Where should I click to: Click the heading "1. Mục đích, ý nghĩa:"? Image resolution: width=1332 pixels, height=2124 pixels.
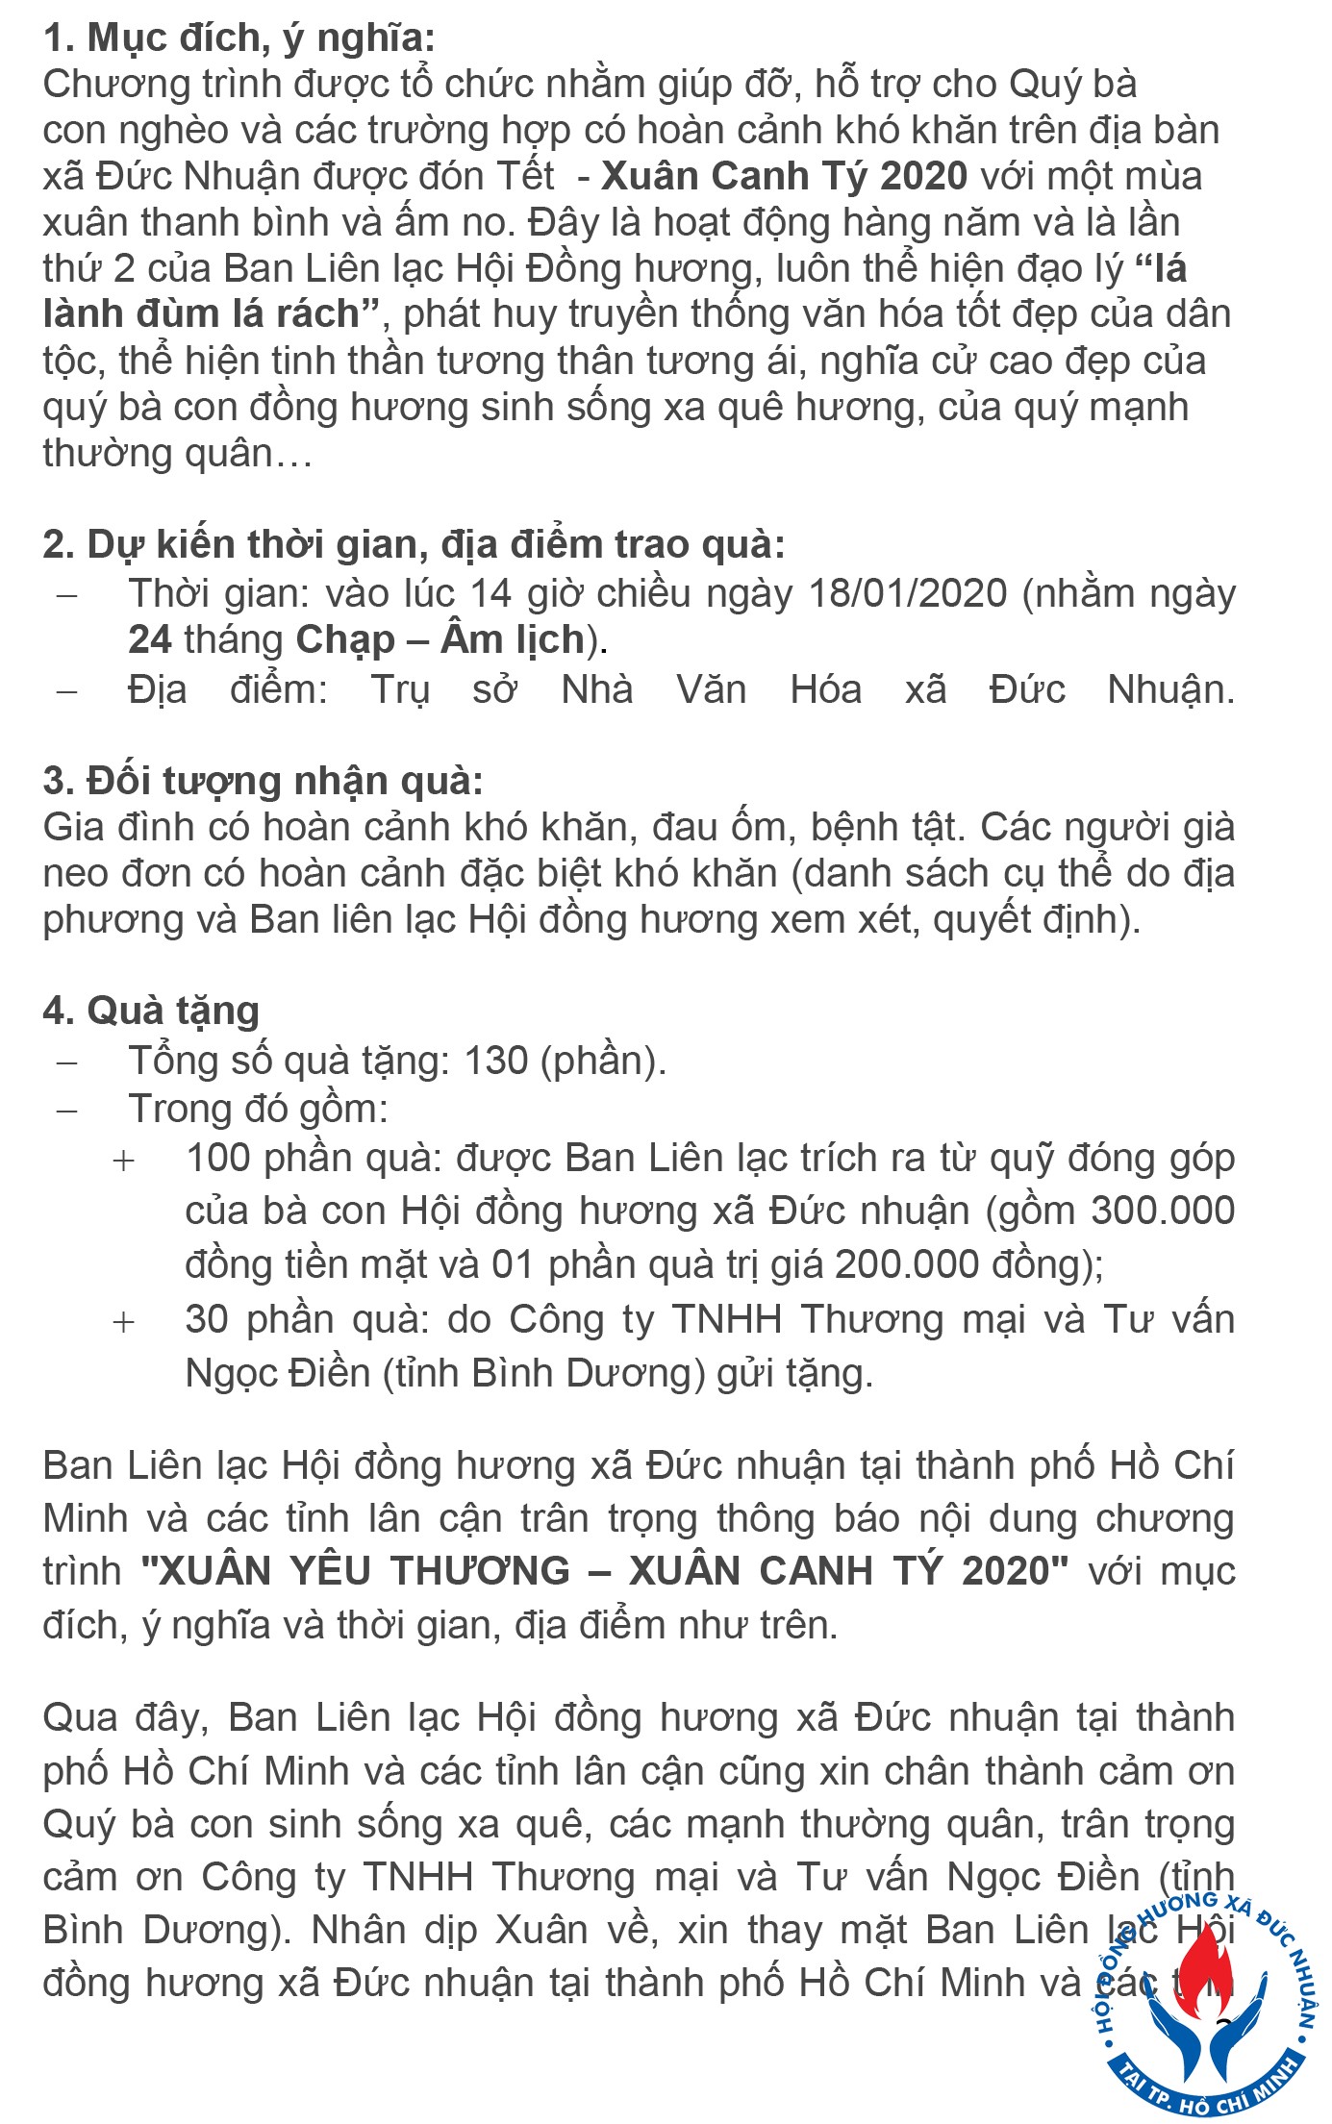(x=239, y=38)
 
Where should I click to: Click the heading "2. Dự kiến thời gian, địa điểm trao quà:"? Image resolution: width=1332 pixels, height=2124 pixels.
(x=414, y=545)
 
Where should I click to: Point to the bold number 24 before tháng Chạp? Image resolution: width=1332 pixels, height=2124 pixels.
(x=150, y=639)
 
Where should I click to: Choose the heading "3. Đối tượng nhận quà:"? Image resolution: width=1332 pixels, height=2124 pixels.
(x=263, y=781)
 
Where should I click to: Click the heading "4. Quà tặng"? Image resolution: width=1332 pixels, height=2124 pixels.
(x=151, y=1011)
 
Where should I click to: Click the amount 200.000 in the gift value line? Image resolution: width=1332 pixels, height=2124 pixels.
(x=906, y=1262)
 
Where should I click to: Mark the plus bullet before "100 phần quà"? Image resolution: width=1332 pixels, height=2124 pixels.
(x=123, y=1161)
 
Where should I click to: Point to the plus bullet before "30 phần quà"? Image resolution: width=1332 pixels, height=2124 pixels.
(x=123, y=1322)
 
